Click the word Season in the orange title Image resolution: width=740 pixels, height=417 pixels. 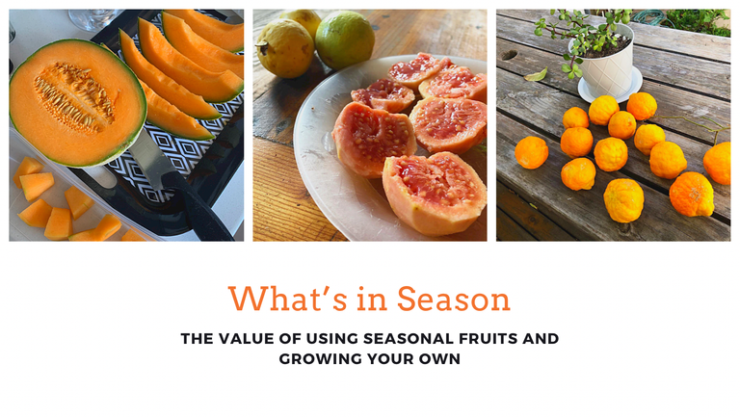coord(454,300)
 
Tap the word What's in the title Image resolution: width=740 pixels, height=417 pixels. coord(288,299)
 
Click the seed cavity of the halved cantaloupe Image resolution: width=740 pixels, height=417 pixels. coord(74,97)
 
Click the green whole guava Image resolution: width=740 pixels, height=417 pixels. coord(345,40)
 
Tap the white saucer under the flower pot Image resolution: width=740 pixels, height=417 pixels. coord(610,88)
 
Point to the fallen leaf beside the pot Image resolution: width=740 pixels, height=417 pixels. coord(536,75)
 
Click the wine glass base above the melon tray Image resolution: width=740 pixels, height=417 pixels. coord(93,19)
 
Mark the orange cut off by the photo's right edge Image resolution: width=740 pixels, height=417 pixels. coord(718,163)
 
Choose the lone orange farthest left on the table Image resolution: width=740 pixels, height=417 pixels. coord(532,152)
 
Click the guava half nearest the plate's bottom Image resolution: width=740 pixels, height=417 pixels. coord(434,193)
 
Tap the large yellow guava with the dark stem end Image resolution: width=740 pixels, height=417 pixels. coord(285,48)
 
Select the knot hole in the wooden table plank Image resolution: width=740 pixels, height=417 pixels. coord(510,55)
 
